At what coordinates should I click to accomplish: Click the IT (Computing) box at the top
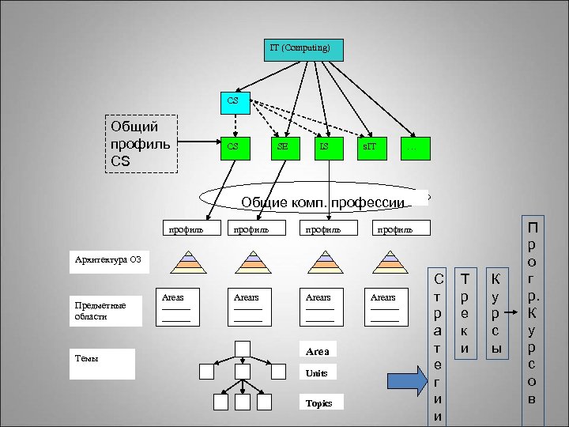303,49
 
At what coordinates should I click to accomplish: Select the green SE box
282,147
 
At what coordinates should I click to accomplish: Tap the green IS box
324,147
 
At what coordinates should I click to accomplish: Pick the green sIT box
369,147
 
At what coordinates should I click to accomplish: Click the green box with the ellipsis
412,147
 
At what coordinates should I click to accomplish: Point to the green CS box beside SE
232,147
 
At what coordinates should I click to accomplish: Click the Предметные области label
106,311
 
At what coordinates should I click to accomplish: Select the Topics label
321,402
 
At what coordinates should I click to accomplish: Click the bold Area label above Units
317,350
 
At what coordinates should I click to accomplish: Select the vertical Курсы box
496,313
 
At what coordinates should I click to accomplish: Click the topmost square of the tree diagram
243,349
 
